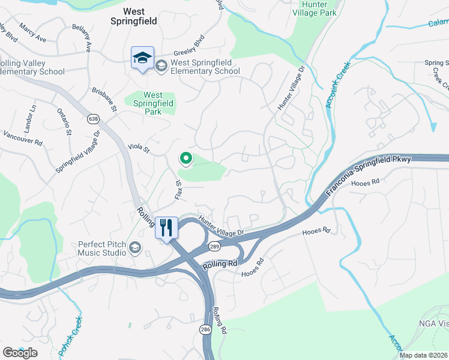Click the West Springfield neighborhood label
(140, 16)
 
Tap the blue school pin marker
(142, 58)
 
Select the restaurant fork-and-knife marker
(167, 228)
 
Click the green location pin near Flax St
(185, 158)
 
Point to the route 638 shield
(92, 119)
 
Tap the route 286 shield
(205, 330)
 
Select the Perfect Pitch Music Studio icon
(135, 247)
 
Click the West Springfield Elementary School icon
(161, 65)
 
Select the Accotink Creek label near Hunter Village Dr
(337, 88)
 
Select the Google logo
(20, 353)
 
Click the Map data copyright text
(423, 355)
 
